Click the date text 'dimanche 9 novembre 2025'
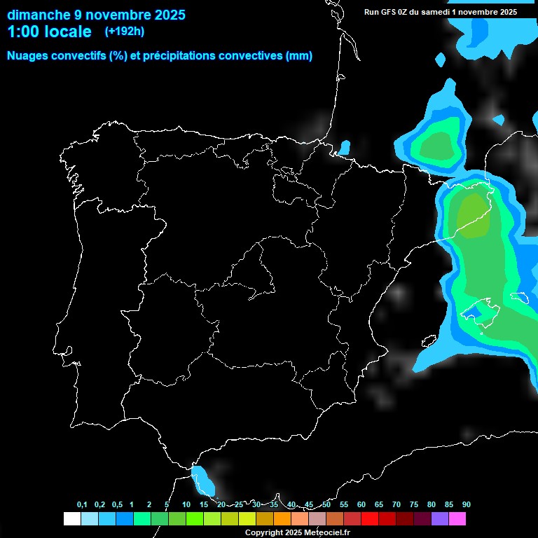click(x=96, y=15)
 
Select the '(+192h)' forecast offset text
click(x=124, y=32)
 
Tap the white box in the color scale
click(x=71, y=518)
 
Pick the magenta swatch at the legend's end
click(x=457, y=518)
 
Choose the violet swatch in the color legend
click(x=440, y=518)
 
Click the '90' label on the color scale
click(x=466, y=505)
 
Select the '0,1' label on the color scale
click(x=82, y=505)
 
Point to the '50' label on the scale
click(x=326, y=505)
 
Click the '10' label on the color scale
click(x=186, y=505)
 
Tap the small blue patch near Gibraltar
click(x=202, y=479)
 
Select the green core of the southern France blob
click(x=437, y=146)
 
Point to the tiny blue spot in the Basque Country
click(x=344, y=147)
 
